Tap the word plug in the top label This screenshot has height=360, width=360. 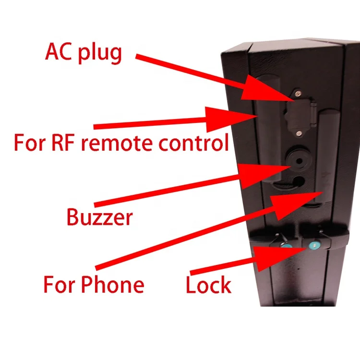(x=99, y=53)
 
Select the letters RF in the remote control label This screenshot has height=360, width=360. (x=63, y=143)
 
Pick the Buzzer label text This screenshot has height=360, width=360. (x=100, y=217)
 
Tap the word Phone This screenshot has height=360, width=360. (x=112, y=284)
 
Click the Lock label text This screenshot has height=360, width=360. (x=208, y=285)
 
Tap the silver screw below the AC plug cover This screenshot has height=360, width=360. (x=299, y=133)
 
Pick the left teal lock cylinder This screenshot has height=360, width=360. (x=286, y=246)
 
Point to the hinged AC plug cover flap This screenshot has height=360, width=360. (x=298, y=113)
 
